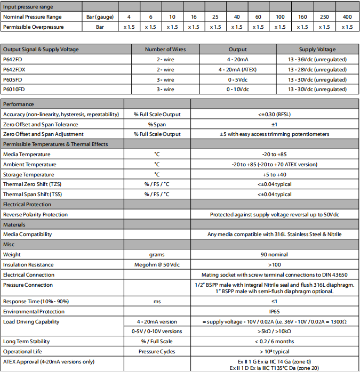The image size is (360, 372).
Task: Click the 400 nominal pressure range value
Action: point(347,17)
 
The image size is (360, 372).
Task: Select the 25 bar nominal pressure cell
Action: point(215,17)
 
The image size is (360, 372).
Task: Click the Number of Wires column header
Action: point(165,50)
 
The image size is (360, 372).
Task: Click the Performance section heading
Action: point(19,104)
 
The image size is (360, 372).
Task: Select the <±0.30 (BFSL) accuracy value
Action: point(275,115)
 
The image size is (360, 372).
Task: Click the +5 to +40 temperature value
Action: point(275,174)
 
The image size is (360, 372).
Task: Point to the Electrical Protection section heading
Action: point(27,204)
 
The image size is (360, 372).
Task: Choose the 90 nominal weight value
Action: point(275,255)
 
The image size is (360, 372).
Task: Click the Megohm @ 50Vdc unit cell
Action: point(157,264)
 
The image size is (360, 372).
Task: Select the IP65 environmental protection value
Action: point(275,311)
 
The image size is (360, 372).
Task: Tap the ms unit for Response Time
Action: point(157,302)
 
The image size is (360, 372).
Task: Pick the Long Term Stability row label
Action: point(27,341)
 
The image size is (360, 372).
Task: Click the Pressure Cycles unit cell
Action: point(157,351)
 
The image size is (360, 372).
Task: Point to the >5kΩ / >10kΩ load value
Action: point(275,331)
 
